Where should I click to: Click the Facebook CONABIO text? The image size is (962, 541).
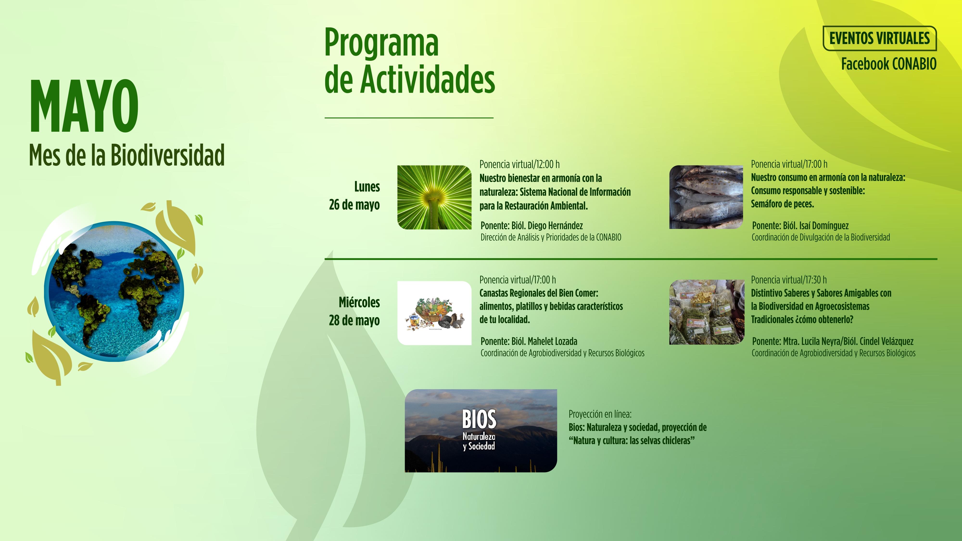[889, 64]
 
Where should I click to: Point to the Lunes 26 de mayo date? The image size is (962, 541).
[354, 196]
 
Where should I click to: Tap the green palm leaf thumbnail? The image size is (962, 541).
[434, 197]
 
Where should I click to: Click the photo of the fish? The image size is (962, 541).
[706, 197]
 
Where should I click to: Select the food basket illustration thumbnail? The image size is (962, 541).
[434, 313]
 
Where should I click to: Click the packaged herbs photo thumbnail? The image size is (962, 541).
[707, 312]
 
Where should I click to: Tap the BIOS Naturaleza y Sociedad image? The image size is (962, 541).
[481, 430]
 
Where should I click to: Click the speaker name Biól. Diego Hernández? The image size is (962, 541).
[547, 226]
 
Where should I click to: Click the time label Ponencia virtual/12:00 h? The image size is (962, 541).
[519, 164]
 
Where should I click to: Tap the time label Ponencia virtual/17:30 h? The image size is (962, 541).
[789, 280]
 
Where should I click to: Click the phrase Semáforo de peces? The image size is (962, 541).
[782, 204]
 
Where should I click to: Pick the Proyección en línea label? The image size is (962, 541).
[600, 414]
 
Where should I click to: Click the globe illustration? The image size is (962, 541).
[114, 292]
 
